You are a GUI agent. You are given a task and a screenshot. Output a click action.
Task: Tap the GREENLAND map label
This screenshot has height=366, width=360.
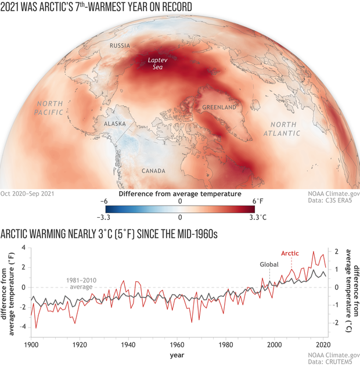tap(218, 107)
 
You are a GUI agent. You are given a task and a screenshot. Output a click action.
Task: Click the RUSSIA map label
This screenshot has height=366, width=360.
tap(119, 45)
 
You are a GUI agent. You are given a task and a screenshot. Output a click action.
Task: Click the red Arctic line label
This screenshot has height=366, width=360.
tap(290, 253)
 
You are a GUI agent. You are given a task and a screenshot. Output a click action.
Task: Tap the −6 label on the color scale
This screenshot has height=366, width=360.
tap(104, 200)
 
